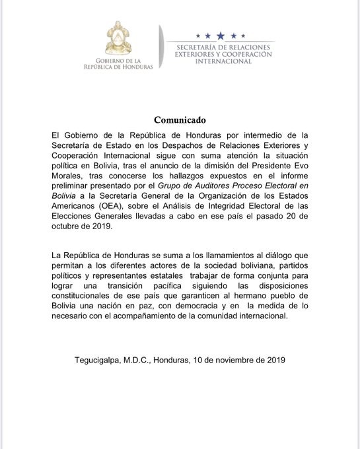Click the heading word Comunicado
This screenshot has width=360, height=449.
pos(180,120)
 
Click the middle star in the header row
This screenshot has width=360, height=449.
pos(220,34)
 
